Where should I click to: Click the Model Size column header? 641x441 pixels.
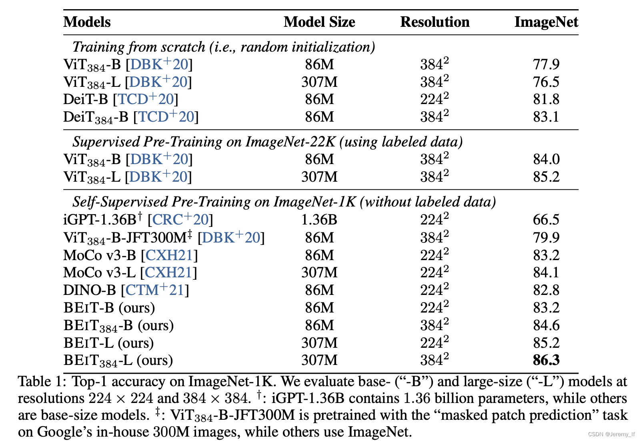click(319, 22)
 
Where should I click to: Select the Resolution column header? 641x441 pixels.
click(435, 22)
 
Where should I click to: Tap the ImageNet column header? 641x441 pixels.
click(546, 22)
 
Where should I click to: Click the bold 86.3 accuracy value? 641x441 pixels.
click(546, 360)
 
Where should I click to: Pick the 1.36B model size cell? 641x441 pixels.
click(319, 220)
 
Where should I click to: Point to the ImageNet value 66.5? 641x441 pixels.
click(546, 220)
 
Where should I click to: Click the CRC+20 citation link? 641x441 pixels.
click(180, 219)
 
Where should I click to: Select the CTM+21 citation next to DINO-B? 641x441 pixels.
click(155, 290)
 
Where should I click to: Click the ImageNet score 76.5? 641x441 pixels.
click(546, 82)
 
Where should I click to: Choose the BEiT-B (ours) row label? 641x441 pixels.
click(109, 307)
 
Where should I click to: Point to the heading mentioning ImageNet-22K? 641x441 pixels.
click(267, 142)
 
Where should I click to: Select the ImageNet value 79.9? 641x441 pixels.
click(546, 237)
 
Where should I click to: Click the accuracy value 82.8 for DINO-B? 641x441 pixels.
click(546, 290)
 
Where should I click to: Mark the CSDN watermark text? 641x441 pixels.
click(611, 434)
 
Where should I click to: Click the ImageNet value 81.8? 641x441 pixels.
click(546, 99)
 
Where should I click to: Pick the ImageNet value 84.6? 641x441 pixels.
click(546, 325)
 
